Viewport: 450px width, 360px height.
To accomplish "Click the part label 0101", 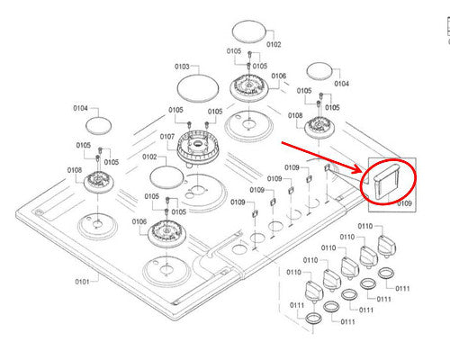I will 82,282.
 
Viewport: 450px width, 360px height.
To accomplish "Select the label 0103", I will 182,67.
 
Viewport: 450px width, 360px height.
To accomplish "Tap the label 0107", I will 167,137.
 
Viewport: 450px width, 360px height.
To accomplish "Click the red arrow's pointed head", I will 361,172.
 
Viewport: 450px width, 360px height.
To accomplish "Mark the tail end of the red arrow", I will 281,141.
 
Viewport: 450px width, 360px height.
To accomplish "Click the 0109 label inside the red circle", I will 404,203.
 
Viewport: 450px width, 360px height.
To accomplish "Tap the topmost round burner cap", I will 251,31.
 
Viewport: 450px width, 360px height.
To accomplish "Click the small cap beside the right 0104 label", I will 321,70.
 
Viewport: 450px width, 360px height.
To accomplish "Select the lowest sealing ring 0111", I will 314,319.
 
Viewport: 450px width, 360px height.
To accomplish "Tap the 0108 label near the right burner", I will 295,116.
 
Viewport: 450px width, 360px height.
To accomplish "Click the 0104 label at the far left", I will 80,108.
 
